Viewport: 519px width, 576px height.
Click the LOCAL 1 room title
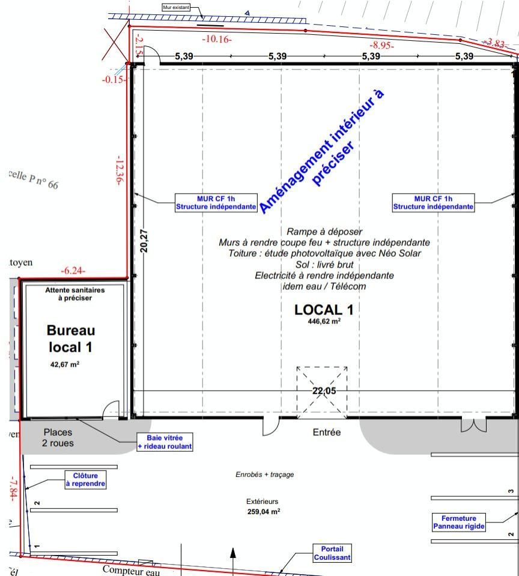click(323, 310)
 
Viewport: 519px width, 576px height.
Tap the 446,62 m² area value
click(324, 321)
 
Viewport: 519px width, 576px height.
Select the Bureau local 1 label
click(71, 338)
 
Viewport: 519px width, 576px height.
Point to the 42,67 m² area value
click(65, 364)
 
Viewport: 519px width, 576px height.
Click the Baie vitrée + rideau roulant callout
click(165, 442)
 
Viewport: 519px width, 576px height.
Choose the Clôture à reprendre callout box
click(85, 479)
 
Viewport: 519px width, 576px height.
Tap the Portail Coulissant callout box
click(332, 553)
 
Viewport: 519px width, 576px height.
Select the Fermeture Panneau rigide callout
click(458, 522)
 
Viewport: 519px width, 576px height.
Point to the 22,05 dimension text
click(324, 391)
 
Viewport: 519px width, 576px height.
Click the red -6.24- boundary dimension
click(73, 271)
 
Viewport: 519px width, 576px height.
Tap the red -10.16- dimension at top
click(217, 40)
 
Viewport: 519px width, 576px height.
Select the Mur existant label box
click(175, 8)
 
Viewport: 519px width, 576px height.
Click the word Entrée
click(327, 432)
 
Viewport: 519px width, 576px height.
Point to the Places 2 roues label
click(58, 437)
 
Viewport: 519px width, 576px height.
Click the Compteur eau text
click(132, 570)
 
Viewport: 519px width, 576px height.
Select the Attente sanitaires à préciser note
click(75, 293)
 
